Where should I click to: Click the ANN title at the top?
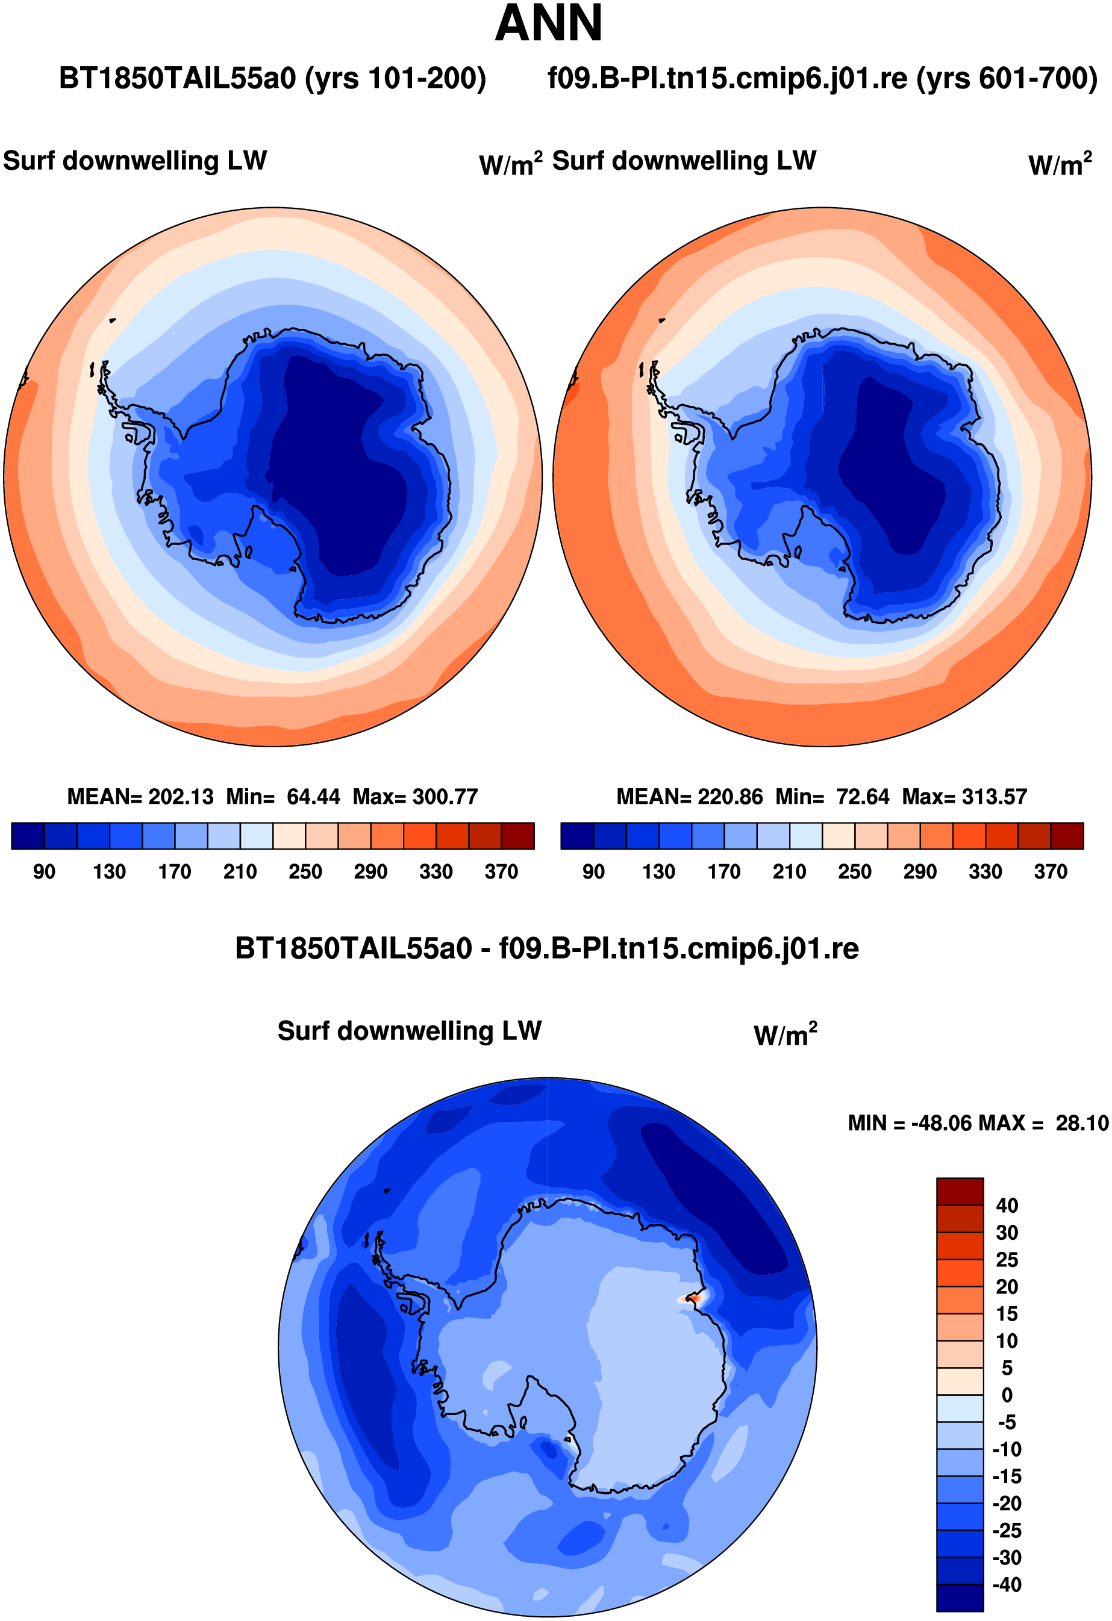(x=548, y=23)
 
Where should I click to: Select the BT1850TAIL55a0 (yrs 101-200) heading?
(x=272, y=78)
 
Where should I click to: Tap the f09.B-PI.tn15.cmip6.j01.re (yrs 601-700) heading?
(x=822, y=78)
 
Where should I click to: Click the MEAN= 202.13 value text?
(x=140, y=797)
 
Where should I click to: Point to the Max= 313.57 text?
(x=965, y=797)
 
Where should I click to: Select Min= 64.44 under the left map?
(x=283, y=797)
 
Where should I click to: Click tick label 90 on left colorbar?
(x=44, y=872)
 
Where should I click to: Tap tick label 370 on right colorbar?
(x=1051, y=872)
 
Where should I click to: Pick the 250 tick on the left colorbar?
(x=305, y=872)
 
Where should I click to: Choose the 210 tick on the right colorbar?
(x=790, y=872)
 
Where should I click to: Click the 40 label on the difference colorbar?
(x=1007, y=1206)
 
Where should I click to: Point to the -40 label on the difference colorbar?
(x=1007, y=1585)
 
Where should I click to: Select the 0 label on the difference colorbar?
(x=1007, y=1395)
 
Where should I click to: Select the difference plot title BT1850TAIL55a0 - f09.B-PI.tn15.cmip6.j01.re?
(x=547, y=948)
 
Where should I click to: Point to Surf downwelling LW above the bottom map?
(x=410, y=1031)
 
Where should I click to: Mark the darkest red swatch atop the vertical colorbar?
(x=960, y=1191)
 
